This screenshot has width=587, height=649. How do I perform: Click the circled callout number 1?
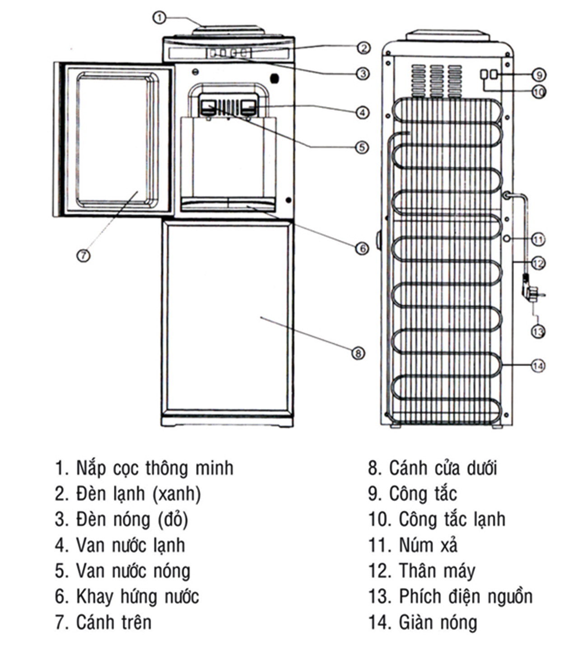pyautogui.click(x=160, y=18)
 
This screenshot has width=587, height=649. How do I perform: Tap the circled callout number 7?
pyautogui.click(x=83, y=255)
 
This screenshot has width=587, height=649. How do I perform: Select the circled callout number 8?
pyautogui.click(x=358, y=353)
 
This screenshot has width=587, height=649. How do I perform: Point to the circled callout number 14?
pyautogui.click(x=537, y=365)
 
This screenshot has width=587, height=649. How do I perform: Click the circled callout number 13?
pyautogui.click(x=537, y=332)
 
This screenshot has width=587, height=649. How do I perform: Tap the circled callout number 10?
pyautogui.click(x=539, y=92)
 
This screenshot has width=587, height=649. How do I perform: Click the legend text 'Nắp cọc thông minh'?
pyautogui.click(x=144, y=468)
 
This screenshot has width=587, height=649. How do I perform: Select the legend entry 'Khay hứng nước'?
pyautogui.click(x=127, y=597)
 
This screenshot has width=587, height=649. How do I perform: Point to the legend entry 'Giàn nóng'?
pyautogui.click(x=423, y=622)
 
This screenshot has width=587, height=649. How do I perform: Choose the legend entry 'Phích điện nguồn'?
pyautogui.click(x=450, y=597)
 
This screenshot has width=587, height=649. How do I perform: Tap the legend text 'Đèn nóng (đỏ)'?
pyautogui.click(x=121, y=520)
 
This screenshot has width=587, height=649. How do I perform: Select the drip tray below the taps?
pyautogui.click(x=228, y=204)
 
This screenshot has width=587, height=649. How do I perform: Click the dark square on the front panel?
pyautogui.click(x=274, y=78)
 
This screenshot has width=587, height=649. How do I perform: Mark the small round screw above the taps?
pyautogui.click(x=195, y=71)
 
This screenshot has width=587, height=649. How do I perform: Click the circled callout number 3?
pyautogui.click(x=362, y=74)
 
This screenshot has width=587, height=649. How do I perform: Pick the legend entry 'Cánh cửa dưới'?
pyautogui.click(x=432, y=468)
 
